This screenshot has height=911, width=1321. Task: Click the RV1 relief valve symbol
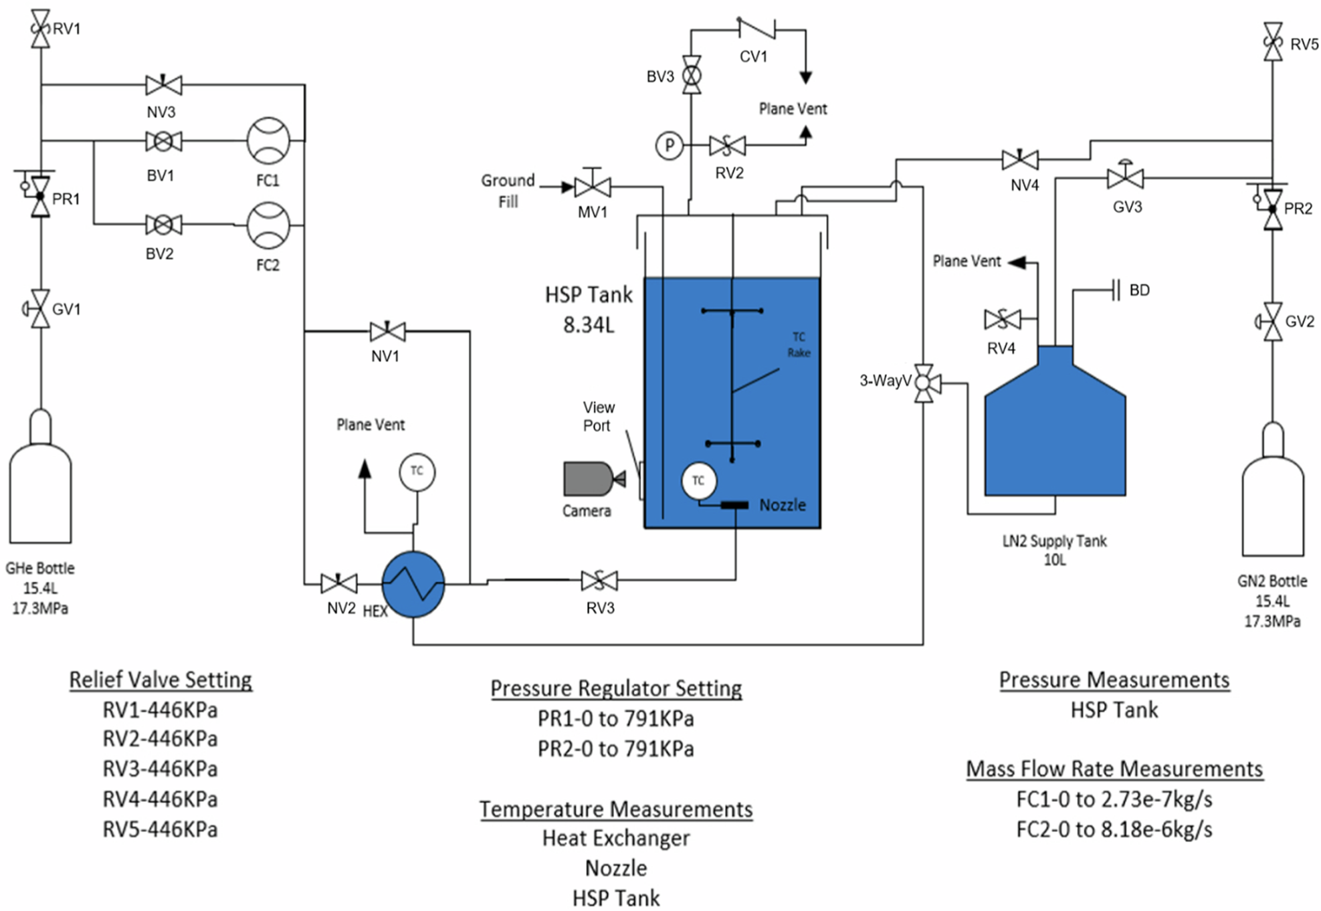click(41, 28)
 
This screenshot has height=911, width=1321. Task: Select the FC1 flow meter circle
click(268, 141)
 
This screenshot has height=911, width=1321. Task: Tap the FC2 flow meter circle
click(268, 226)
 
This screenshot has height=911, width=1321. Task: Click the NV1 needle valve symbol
click(387, 331)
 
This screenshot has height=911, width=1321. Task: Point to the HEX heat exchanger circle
click(413, 584)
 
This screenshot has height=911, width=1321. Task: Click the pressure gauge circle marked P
click(669, 145)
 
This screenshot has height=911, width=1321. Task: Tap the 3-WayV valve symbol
click(924, 383)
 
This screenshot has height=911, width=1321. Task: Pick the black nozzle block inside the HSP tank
click(734, 505)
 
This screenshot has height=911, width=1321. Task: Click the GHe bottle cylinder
click(40, 488)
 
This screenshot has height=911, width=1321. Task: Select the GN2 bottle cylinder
click(1272, 502)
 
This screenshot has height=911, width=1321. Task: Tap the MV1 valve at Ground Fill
click(592, 187)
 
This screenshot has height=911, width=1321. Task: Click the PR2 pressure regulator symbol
click(1273, 209)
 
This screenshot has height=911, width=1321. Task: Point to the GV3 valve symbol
click(1126, 179)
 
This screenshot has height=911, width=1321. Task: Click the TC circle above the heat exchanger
click(417, 472)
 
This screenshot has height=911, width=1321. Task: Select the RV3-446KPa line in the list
click(161, 769)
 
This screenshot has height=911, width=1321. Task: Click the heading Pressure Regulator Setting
click(616, 688)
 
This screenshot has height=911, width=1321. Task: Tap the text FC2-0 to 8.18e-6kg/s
click(1114, 829)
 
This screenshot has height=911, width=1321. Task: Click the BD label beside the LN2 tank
click(1139, 290)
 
